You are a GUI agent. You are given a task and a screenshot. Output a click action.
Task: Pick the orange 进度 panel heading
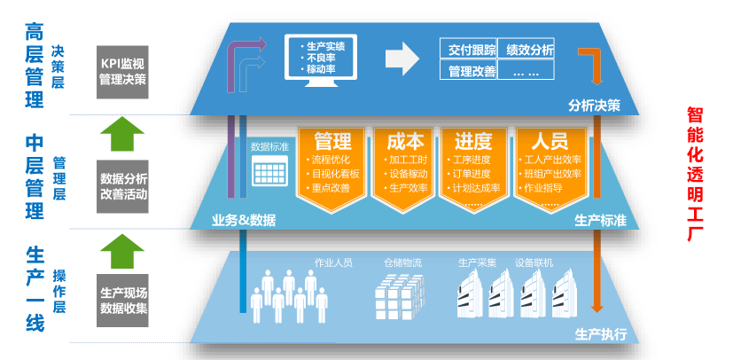click(x=473, y=141)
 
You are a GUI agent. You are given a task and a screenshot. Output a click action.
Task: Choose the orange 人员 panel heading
click(x=548, y=141)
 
